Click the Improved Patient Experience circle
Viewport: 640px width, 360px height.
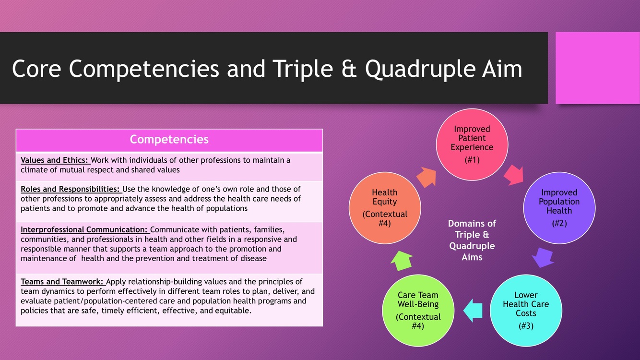tap(472, 144)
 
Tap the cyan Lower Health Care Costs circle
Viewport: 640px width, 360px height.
tap(526, 310)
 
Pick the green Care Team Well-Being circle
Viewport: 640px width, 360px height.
tap(418, 310)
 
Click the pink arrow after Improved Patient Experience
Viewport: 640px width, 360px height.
tap(513, 174)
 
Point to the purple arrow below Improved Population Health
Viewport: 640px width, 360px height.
tap(543, 257)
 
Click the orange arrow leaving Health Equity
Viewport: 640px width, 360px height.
tap(426, 177)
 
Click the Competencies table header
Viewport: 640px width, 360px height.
tap(169, 140)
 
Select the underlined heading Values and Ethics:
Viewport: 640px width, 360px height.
tap(55, 160)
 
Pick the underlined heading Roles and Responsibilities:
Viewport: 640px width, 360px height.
tap(71, 189)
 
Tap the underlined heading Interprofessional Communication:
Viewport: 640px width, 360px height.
tap(85, 230)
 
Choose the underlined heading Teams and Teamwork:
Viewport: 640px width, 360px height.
tap(62, 282)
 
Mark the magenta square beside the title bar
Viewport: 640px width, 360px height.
tap(597, 68)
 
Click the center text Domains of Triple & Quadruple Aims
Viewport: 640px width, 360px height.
tap(472, 240)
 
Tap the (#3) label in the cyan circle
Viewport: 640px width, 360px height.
tap(526, 326)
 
